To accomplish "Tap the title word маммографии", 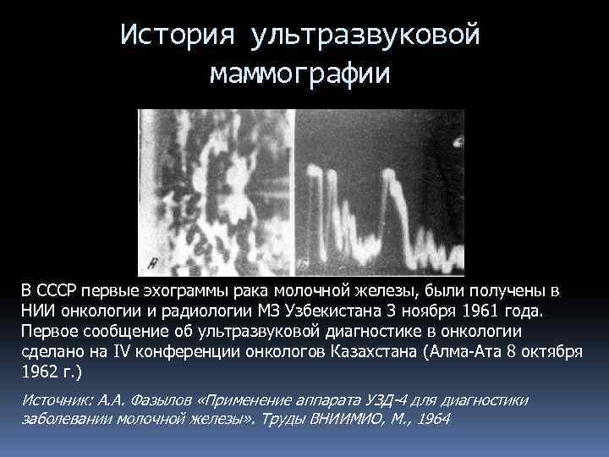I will point(301,74).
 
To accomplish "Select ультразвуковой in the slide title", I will point(365,36).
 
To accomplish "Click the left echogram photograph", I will point(217,190).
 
